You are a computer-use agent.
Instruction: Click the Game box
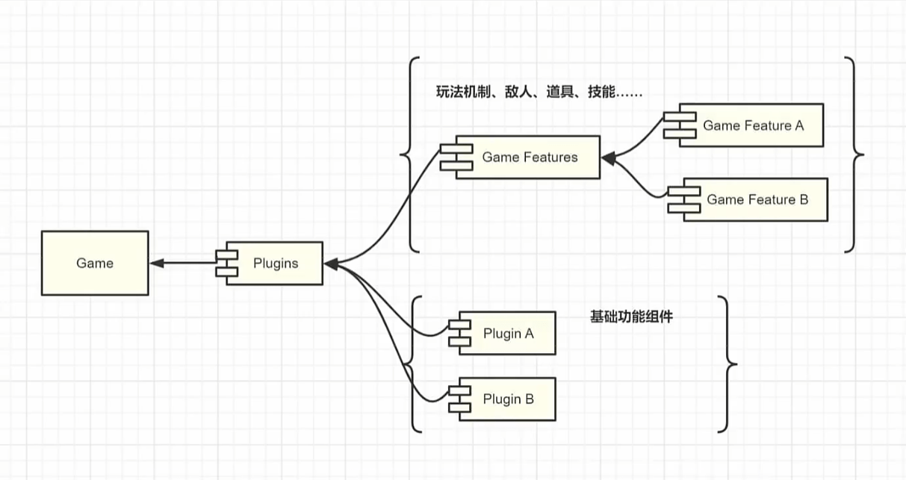[x=94, y=263]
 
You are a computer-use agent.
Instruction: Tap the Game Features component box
[x=530, y=158]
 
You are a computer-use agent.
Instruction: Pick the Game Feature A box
[x=753, y=125]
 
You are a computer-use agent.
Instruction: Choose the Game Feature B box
[x=757, y=199]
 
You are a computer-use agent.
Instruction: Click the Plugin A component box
[x=508, y=333]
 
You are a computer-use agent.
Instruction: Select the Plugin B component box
[x=508, y=399]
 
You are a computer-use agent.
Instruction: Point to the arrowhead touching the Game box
[x=156, y=263]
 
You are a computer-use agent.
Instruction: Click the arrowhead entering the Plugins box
[x=331, y=263]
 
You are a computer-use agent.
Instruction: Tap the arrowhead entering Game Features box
[x=608, y=158]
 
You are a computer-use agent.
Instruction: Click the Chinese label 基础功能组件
[x=631, y=317]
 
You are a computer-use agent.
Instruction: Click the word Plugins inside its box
[x=276, y=263]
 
